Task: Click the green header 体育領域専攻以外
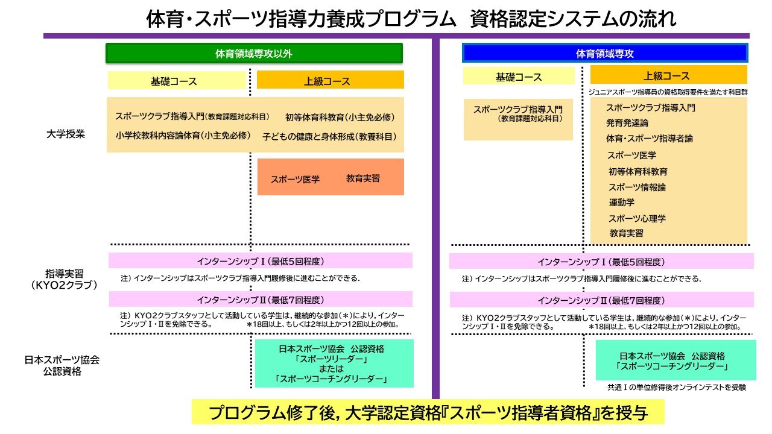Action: tap(254, 53)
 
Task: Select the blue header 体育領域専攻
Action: tap(604, 53)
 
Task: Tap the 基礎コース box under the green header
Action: tap(174, 81)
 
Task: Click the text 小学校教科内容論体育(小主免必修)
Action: tap(183, 136)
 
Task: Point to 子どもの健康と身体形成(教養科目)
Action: tap(329, 137)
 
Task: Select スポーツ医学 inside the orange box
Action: tap(295, 179)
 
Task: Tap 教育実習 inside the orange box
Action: tap(363, 178)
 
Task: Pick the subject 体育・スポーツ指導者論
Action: tap(650, 139)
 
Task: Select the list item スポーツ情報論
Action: tap(637, 187)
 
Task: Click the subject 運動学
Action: tap(621, 203)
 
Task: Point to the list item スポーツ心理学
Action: tap(637, 218)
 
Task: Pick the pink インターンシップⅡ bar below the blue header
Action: tap(601, 300)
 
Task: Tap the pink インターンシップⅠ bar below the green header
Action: tap(261, 261)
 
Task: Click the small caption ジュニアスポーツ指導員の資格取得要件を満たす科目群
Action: tap(668, 92)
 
